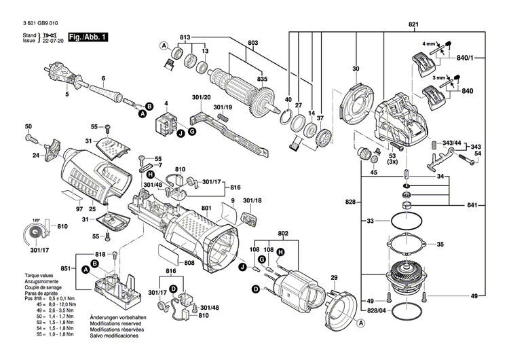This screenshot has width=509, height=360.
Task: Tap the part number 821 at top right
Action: pyautogui.click(x=413, y=24)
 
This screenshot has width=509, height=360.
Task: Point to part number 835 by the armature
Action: pyautogui.click(x=262, y=79)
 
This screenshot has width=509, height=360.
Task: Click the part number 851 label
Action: pyautogui.click(x=66, y=268)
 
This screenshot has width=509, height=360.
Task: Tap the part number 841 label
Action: pyautogui.click(x=471, y=205)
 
